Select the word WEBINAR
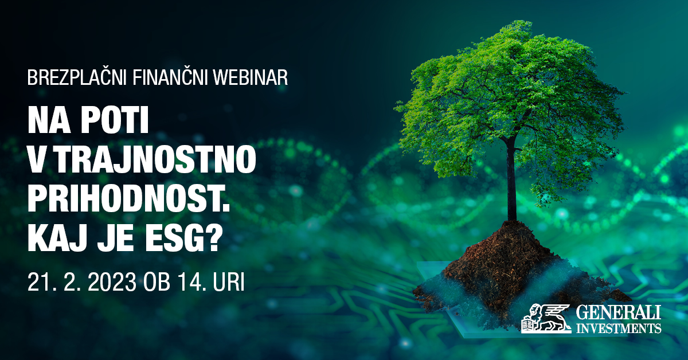point(251,78)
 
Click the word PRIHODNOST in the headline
point(126,199)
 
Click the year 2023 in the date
point(112,282)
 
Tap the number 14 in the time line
point(188,282)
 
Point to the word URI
point(228,282)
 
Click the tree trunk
point(511,181)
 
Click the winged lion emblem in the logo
point(545,319)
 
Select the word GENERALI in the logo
point(619,313)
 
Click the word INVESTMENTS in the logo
point(619,328)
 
